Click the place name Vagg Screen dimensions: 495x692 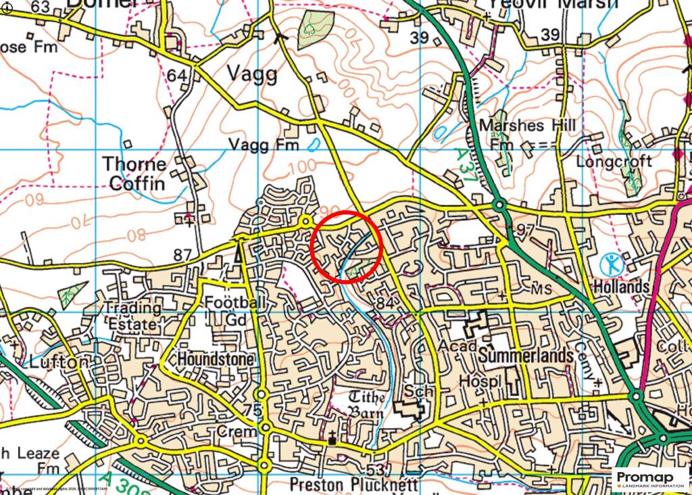(251, 74)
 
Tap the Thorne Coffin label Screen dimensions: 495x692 (134, 174)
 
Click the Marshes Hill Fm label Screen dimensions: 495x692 (526, 135)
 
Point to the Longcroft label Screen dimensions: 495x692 (614, 162)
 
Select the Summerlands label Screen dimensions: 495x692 (526, 354)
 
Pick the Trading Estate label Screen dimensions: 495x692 (133, 316)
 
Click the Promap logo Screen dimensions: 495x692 (649, 479)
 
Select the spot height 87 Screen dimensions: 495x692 (182, 255)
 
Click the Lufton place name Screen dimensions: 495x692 (59, 362)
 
